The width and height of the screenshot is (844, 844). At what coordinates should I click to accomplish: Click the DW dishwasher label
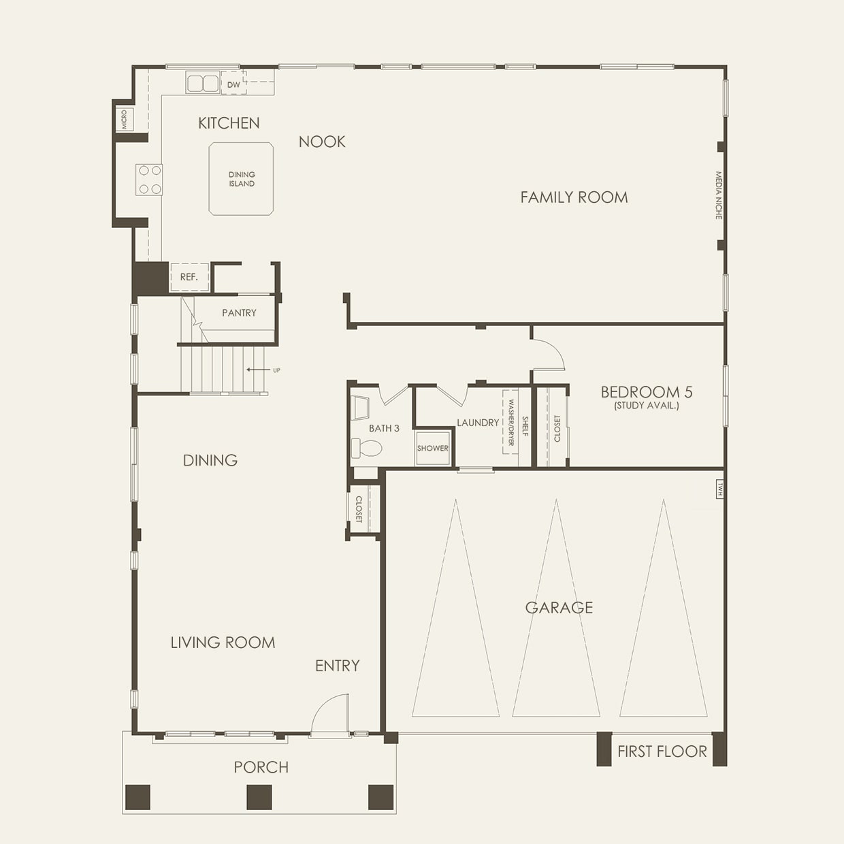tap(233, 84)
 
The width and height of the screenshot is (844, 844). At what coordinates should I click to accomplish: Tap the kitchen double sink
tap(203, 83)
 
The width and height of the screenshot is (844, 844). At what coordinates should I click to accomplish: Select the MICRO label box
tap(125, 119)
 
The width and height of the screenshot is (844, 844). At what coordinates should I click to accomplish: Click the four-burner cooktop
tap(149, 180)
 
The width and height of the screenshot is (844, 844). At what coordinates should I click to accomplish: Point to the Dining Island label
tap(242, 179)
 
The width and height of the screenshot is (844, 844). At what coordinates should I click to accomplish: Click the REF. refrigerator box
tap(189, 277)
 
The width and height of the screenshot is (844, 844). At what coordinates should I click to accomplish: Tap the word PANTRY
tap(239, 312)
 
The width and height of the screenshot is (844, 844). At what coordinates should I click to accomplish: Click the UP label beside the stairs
tap(277, 370)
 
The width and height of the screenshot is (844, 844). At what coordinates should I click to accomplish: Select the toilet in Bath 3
tap(367, 448)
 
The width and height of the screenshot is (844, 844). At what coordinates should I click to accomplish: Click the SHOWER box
tap(433, 448)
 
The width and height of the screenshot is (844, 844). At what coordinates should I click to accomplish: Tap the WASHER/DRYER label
tap(510, 422)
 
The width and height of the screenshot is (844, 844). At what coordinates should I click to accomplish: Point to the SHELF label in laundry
tap(525, 426)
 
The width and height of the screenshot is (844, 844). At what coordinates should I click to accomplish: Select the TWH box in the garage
tap(719, 489)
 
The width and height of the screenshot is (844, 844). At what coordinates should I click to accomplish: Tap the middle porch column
tap(259, 797)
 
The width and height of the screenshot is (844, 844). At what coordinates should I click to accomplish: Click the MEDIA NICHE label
tap(718, 195)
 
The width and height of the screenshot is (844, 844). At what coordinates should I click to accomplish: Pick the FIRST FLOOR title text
tap(662, 751)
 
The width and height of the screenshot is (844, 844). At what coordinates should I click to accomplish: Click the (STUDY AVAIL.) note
tap(647, 406)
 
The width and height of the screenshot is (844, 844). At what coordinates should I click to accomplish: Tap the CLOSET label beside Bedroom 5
tap(557, 428)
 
